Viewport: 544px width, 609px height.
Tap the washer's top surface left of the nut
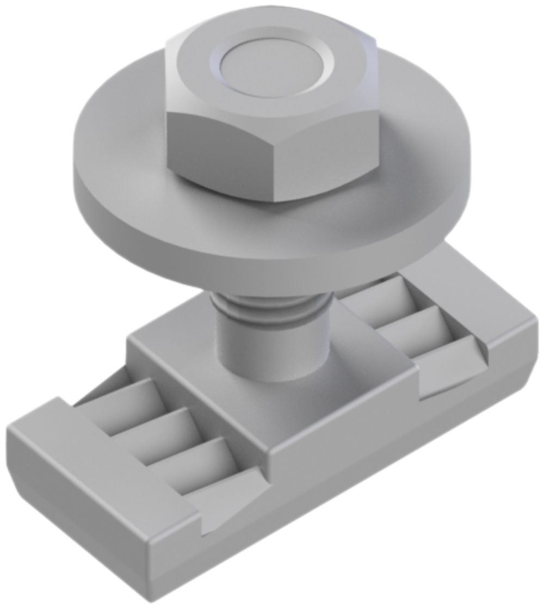pos(120,147)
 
